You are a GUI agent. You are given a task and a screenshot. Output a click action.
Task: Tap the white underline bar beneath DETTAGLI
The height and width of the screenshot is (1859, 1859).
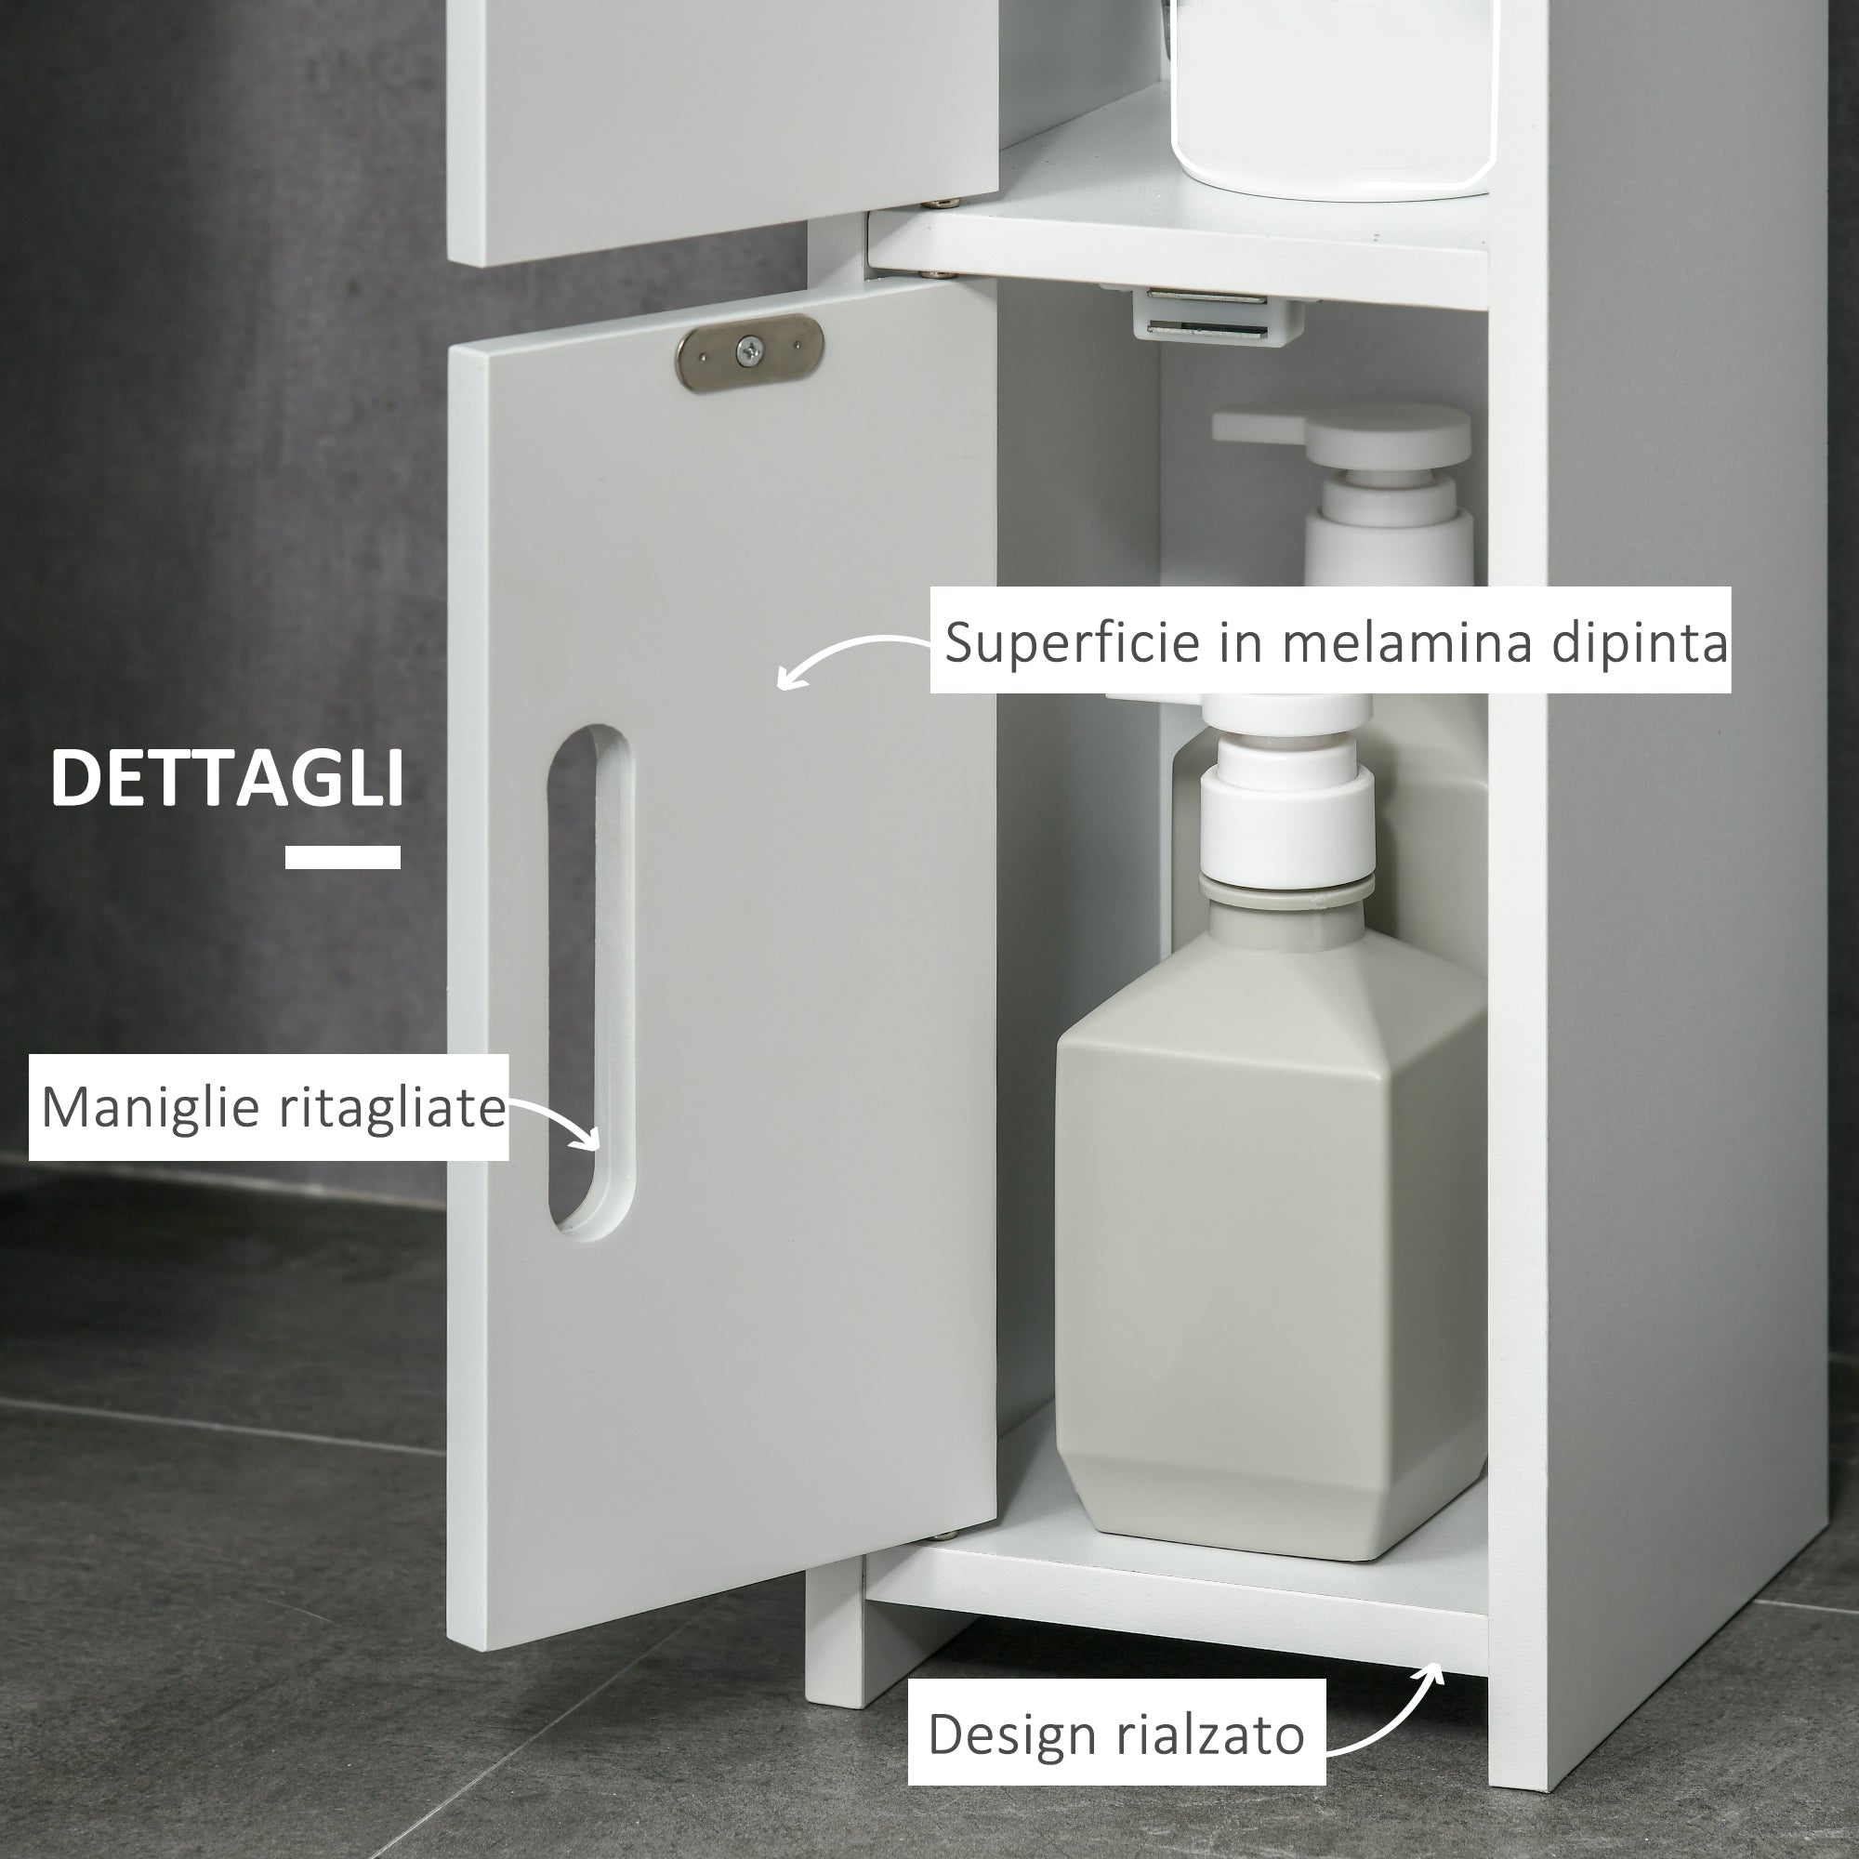pos(343,856)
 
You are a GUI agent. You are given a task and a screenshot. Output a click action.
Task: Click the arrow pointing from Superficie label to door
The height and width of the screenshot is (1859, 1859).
pos(847,654)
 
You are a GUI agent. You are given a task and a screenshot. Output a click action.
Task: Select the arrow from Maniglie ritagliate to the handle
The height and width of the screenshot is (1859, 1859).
pos(558,1121)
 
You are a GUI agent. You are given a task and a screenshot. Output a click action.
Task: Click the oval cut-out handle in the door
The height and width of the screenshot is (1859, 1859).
pos(589,982)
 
